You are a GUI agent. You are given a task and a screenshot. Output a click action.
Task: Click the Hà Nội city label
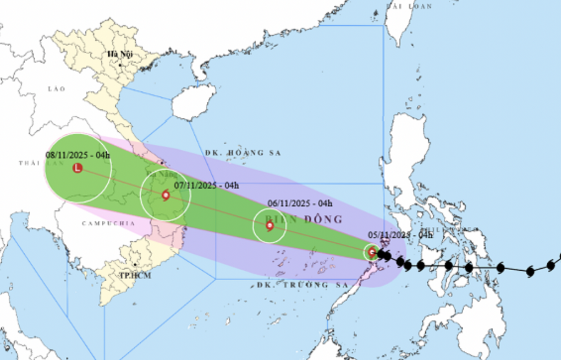point(120,54)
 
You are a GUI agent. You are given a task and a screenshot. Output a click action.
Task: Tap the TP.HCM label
point(134,275)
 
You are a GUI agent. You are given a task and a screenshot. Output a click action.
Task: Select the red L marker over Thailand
point(78,168)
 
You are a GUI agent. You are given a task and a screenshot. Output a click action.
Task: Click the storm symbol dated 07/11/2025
point(166,195)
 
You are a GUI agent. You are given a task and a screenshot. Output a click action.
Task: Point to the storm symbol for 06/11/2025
point(269,225)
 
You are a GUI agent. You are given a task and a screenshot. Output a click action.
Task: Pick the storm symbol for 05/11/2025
point(372,252)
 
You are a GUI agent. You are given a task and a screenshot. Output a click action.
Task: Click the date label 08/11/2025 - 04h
point(78,155)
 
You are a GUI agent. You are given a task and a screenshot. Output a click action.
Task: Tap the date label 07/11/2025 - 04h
point(206,186)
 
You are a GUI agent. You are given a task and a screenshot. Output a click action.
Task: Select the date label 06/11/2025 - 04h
point(300,204)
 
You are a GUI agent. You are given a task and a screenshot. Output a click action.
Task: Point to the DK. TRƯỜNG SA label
point(302,285)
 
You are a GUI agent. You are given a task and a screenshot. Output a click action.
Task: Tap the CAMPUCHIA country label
point(108,223)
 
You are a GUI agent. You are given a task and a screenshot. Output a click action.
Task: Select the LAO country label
point(56,89)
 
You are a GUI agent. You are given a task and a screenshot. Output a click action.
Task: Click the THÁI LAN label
point(33,163)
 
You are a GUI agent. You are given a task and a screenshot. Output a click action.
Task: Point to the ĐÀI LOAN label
point(409,6)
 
